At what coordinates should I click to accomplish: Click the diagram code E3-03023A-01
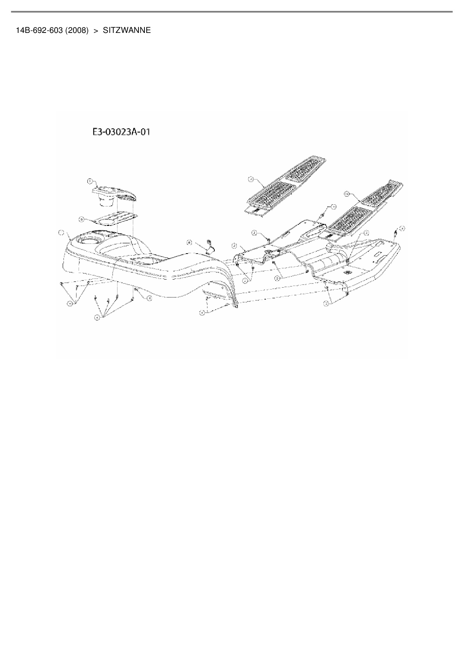coord(121,132)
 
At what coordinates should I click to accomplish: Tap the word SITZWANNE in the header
coord(127,31)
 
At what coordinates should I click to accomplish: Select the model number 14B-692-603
coord(39,31)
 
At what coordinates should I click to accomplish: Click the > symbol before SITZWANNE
coord(96,31)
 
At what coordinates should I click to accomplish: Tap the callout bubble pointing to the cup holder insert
coord(90,181)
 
